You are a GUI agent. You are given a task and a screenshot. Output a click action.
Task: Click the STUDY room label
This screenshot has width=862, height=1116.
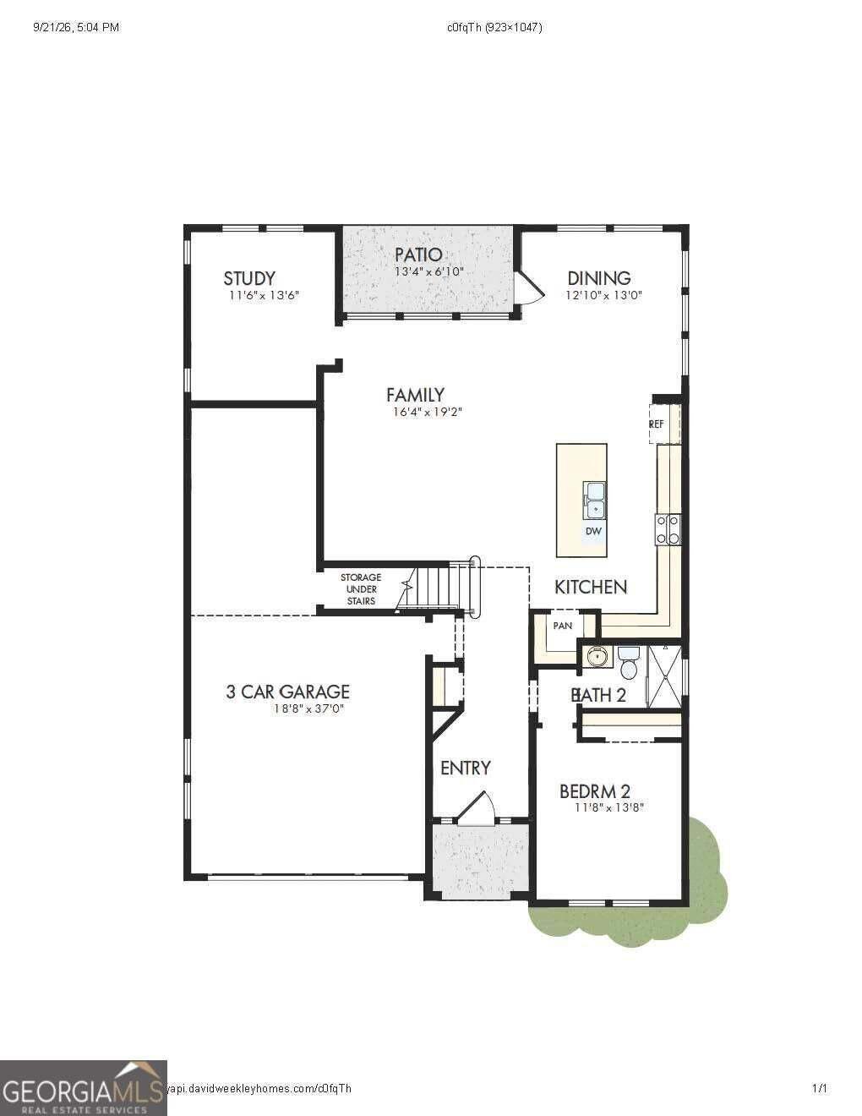pos(249,278)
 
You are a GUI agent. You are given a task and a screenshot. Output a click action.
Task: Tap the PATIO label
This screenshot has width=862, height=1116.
pos(418,254)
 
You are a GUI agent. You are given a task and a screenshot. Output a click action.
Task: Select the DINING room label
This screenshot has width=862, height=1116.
pos(598,278)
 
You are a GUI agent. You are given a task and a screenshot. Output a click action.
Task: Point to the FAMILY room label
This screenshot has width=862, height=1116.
pos(415,395)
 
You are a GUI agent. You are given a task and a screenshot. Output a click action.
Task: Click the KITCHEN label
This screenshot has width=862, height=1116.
pos(591,587)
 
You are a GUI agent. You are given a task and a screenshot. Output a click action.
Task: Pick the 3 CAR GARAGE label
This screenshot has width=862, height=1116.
pos(287,692)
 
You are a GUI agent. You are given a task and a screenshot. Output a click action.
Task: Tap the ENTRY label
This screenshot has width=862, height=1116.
pos(466,768)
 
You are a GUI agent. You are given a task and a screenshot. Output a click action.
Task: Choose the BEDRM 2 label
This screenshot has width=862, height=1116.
pos(594,791)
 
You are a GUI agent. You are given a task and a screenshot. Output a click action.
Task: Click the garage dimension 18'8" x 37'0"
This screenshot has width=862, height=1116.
pos(308,709)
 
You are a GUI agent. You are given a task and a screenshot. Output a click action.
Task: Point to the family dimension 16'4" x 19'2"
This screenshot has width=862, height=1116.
pos(428,412)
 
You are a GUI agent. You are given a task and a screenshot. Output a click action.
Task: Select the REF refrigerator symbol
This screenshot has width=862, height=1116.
pos(665,424)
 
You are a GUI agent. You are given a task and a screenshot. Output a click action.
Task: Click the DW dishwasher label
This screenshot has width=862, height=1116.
pos(593,531)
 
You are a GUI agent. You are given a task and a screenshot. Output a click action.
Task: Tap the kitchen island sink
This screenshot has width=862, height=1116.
pos(594,501)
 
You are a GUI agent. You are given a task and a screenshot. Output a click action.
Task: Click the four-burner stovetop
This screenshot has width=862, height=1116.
pos(668,529)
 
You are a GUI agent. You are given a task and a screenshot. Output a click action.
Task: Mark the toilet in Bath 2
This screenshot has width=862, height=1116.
pos(629,662)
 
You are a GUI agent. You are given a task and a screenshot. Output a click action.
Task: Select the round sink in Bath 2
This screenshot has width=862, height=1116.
pos(597,656)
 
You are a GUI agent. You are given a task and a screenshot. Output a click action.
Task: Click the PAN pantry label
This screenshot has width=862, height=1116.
pos(563,626)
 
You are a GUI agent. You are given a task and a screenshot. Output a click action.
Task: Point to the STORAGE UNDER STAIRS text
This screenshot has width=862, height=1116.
pos(361,589)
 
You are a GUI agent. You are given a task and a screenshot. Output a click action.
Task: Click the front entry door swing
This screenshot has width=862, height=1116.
pos(476,809)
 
